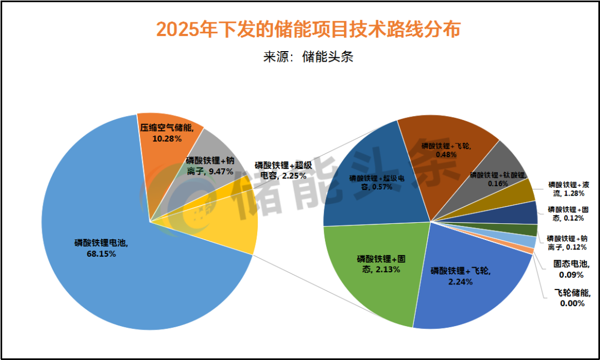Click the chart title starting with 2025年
(308, 29)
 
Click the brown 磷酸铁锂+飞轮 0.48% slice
(444, 150)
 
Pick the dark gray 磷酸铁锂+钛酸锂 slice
(497, 172)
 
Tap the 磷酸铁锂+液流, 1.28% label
(569, 188)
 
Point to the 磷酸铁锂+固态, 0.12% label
(569, 214)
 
